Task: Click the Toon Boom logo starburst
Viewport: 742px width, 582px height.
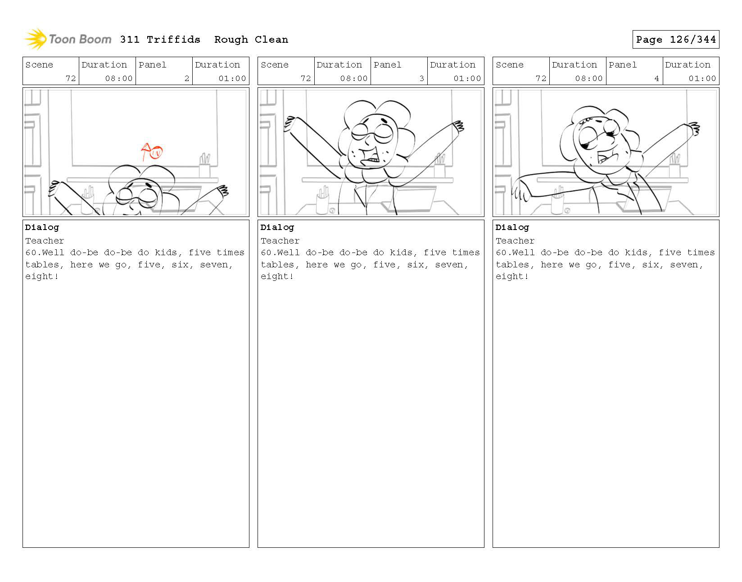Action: click(36, 39)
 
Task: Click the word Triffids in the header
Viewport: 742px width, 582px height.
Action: click(173, 40)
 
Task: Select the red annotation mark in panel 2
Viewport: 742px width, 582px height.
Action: click(152, 152)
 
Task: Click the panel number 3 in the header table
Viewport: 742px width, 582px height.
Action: click(421, 78)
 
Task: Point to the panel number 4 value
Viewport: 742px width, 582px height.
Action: click(656, 78)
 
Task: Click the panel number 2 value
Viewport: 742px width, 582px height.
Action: click(186, 78)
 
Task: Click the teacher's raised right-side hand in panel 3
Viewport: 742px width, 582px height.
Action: click(458, 126)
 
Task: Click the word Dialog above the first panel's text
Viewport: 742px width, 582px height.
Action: click(42, 227)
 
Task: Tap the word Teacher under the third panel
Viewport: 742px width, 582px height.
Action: click(515, 241)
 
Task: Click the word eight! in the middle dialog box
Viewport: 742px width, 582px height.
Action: click(277, 276)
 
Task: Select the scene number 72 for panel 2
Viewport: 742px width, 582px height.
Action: click(71, 78)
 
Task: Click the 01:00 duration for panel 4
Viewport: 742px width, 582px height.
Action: click(702, 78)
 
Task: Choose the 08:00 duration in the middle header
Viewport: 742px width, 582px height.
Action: click(354, 78)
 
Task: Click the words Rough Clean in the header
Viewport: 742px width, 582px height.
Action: click(251, 40)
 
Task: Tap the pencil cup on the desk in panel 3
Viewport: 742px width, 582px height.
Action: click(322, 200)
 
